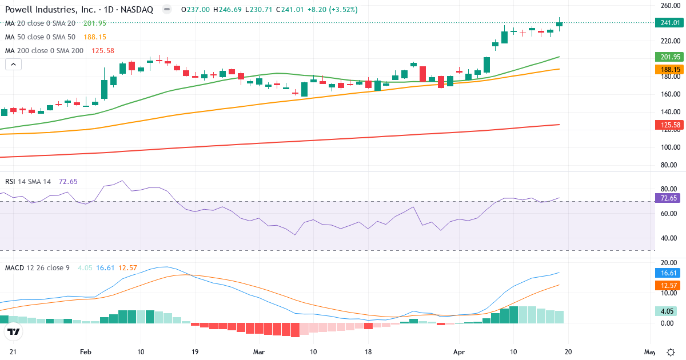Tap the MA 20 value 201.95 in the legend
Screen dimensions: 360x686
[95, 23]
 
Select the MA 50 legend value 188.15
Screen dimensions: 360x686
[95, 37]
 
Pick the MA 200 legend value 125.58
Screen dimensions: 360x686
[103, 51]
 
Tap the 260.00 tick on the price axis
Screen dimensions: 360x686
[670, 6]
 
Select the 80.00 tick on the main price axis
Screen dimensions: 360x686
[670, 165]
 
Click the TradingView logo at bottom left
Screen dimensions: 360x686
[14, 332]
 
